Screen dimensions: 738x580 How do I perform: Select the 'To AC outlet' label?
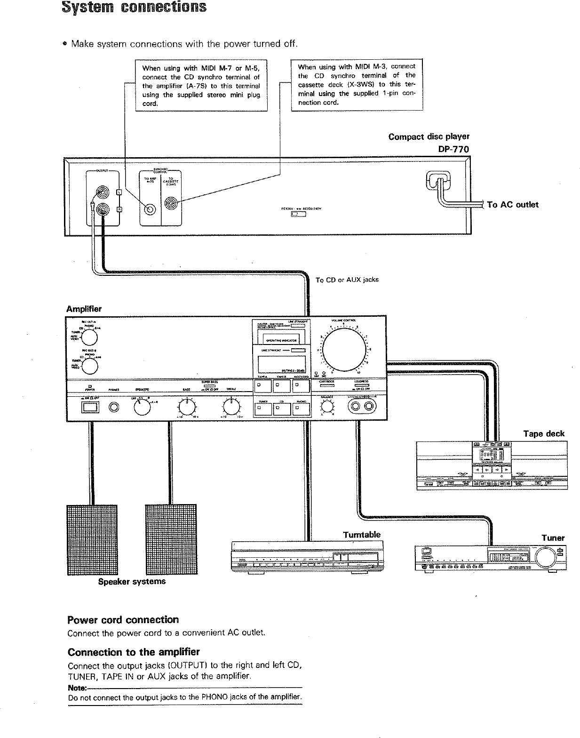coord(512,205)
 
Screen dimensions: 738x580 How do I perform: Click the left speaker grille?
coord(92,540)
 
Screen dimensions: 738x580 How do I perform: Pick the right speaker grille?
coord(171,540)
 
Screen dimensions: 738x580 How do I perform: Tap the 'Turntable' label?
coord(361,535)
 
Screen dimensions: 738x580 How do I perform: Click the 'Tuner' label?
coord(553,538)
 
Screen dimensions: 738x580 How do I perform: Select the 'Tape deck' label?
coord(544,433)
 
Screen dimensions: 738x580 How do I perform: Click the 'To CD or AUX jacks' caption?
coord(347,280)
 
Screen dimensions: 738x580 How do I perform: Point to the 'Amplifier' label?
coord(84,309)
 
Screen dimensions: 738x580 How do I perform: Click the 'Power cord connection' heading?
coord(123,620)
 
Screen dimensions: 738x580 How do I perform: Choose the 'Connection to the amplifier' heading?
coord(134,652)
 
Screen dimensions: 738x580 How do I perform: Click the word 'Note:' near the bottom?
coord(77,688)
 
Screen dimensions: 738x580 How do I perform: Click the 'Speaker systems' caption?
coord(132,581)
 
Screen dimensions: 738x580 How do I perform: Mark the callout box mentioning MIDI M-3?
coord(357,85)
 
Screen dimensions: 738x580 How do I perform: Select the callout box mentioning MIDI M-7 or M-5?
coord(201,85)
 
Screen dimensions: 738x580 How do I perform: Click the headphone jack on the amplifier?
coord(114,408)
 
